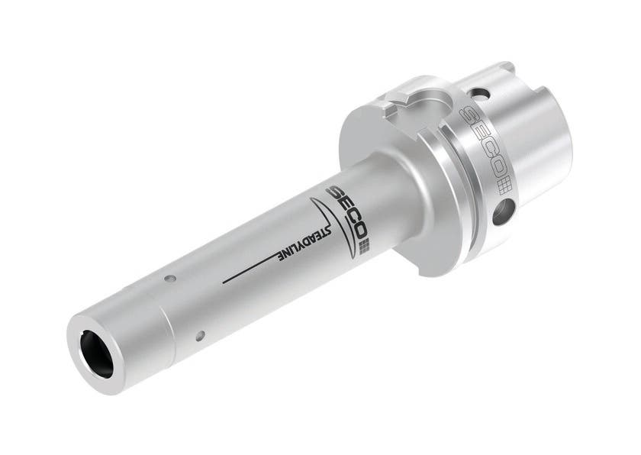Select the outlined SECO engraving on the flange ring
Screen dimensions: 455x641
(x=482, y=140)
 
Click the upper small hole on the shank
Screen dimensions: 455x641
(x=172, y=278)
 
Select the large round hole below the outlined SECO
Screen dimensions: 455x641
(x=501, y=213)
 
